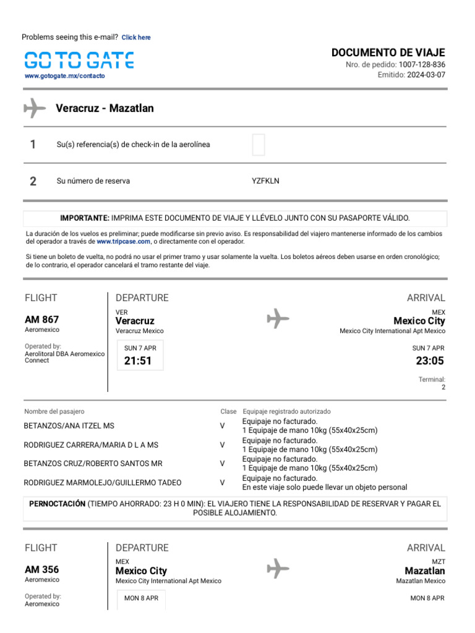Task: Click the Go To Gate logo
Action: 79,60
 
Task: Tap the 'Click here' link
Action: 136,38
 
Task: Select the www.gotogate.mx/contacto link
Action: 65,76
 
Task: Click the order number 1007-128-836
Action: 422,65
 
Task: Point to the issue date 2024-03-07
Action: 426,75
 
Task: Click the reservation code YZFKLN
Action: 265,181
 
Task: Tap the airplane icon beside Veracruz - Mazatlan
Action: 35,108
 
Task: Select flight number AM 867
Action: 42,320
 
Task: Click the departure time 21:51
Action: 138,361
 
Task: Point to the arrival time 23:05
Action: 430,361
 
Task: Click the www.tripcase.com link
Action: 124,242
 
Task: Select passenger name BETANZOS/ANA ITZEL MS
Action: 69,426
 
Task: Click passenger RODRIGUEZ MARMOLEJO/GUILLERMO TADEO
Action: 103,483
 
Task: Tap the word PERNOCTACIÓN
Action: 58,504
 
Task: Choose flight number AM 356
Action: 42,569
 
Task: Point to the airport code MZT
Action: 438,561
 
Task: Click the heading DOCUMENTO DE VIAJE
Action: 388,53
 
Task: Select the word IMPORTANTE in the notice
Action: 85,218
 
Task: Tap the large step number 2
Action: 33,181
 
